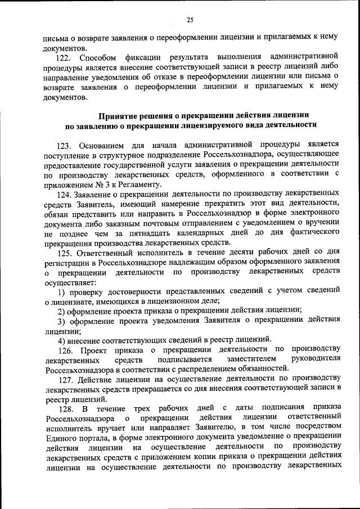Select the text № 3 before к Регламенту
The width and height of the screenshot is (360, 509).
(x=99, y=184)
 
